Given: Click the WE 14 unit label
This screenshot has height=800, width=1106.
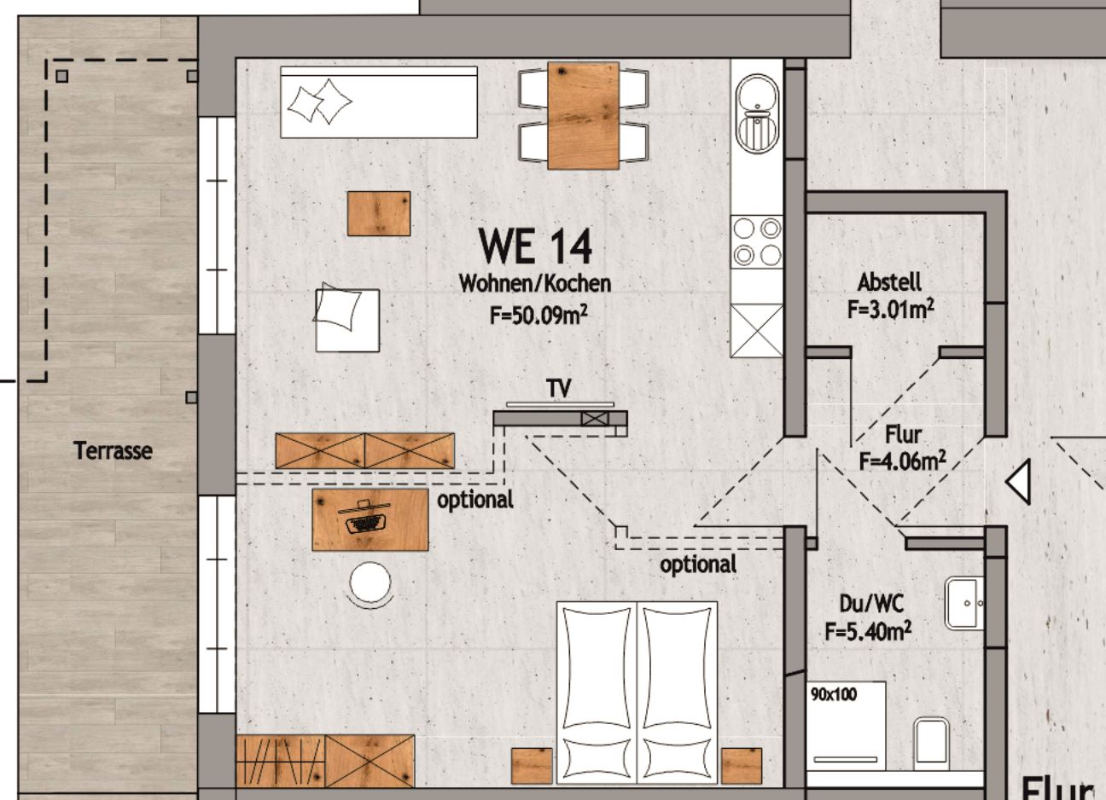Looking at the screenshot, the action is pos(535,246).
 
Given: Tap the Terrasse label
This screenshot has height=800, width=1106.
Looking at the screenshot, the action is pos(113,451).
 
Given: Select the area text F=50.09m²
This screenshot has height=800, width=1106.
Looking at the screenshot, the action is pos(538,315).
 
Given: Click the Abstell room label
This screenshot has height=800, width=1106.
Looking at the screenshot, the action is pos(889,282).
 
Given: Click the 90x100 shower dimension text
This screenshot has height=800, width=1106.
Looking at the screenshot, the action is pos(834,695).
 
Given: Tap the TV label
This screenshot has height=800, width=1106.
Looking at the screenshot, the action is pos(559,388).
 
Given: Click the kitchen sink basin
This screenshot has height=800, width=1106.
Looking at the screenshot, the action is pos(757,113).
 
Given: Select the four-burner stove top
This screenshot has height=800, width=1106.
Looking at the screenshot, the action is pos(757,242).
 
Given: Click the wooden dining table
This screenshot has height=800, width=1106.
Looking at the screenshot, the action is pos(583,116).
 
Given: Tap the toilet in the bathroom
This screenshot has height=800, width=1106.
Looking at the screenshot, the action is pos(931,743).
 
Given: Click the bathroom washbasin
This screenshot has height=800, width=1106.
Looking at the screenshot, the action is pos(963,603).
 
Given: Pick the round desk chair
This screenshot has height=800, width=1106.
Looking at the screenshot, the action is pos(370,583).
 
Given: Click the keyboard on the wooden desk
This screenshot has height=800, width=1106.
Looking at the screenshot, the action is pos(364,525).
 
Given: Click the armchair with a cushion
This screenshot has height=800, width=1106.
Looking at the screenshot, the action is pos(347,318).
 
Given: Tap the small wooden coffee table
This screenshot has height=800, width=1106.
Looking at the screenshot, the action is pos(379,214).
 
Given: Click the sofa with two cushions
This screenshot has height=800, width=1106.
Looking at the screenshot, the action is pos(379,102).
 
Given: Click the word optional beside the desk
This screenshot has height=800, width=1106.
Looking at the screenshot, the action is pos(475,501).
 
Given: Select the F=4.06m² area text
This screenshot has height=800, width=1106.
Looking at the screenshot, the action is pos(903,461).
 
